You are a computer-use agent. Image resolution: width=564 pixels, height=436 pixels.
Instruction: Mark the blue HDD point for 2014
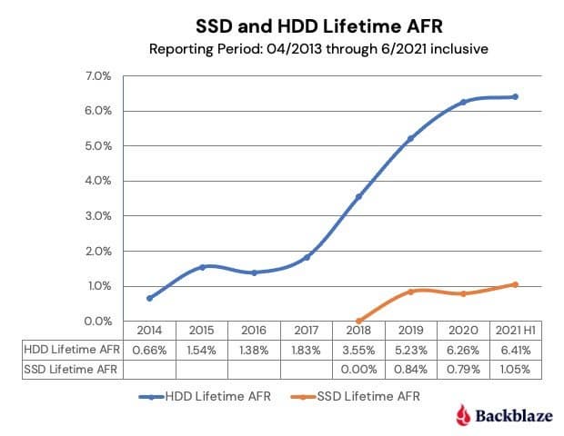pyautogui.click(x=149, y=298)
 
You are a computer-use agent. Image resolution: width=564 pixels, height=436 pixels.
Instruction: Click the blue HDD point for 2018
pyautogui.click(x=358, y=196)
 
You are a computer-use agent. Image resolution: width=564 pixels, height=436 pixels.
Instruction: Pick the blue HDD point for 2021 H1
pyautogui.click(x=516, y=96)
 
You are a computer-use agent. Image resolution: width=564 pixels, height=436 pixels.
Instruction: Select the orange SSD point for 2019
pyautogui.click(x=411, y=292)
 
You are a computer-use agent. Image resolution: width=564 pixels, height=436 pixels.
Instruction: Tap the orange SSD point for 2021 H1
pyautogui.click(x=516, y=284)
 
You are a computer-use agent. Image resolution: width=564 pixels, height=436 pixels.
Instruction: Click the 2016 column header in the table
pyautogui.click(x=254, y=331)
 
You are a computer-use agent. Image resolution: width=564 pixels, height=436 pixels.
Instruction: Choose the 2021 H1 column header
pyautogui.click(x=516, y=331)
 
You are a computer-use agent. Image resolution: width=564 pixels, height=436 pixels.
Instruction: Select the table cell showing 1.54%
pyautogui.click(x=201, y=350)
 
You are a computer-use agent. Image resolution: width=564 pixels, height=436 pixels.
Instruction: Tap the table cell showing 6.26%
pyautogui.click(x=464, y=350)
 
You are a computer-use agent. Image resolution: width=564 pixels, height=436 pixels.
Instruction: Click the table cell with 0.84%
pyautogui.click(x=411, y=369)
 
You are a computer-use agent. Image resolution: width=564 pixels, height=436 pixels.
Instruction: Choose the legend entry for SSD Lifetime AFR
pyautogui.click(x=358, y=396)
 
